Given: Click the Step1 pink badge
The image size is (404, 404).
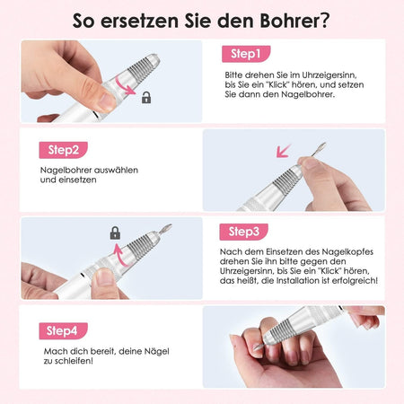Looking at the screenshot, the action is pos(246,54).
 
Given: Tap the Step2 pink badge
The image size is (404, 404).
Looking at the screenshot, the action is pos(64,150).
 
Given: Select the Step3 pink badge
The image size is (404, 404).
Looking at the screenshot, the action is pos(244,232).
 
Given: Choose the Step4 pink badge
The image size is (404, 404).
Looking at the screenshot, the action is pos(64,331).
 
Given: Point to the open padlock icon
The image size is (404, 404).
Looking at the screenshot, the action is pos(146,98).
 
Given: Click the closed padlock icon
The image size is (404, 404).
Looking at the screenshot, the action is pos(115,233).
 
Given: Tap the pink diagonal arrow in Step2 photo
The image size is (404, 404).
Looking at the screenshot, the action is pos(284,151).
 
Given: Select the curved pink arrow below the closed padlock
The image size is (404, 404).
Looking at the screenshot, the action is pos(119,255).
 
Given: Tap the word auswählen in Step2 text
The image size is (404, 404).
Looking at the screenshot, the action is pos(116,171).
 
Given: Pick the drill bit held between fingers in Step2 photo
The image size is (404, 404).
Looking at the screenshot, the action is pos(318,149).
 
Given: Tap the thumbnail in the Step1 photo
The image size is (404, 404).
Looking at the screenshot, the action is pos(107,101).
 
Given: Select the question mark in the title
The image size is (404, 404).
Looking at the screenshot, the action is pos(323,21).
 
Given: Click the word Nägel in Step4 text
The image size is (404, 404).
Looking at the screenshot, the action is pos(157,351).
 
